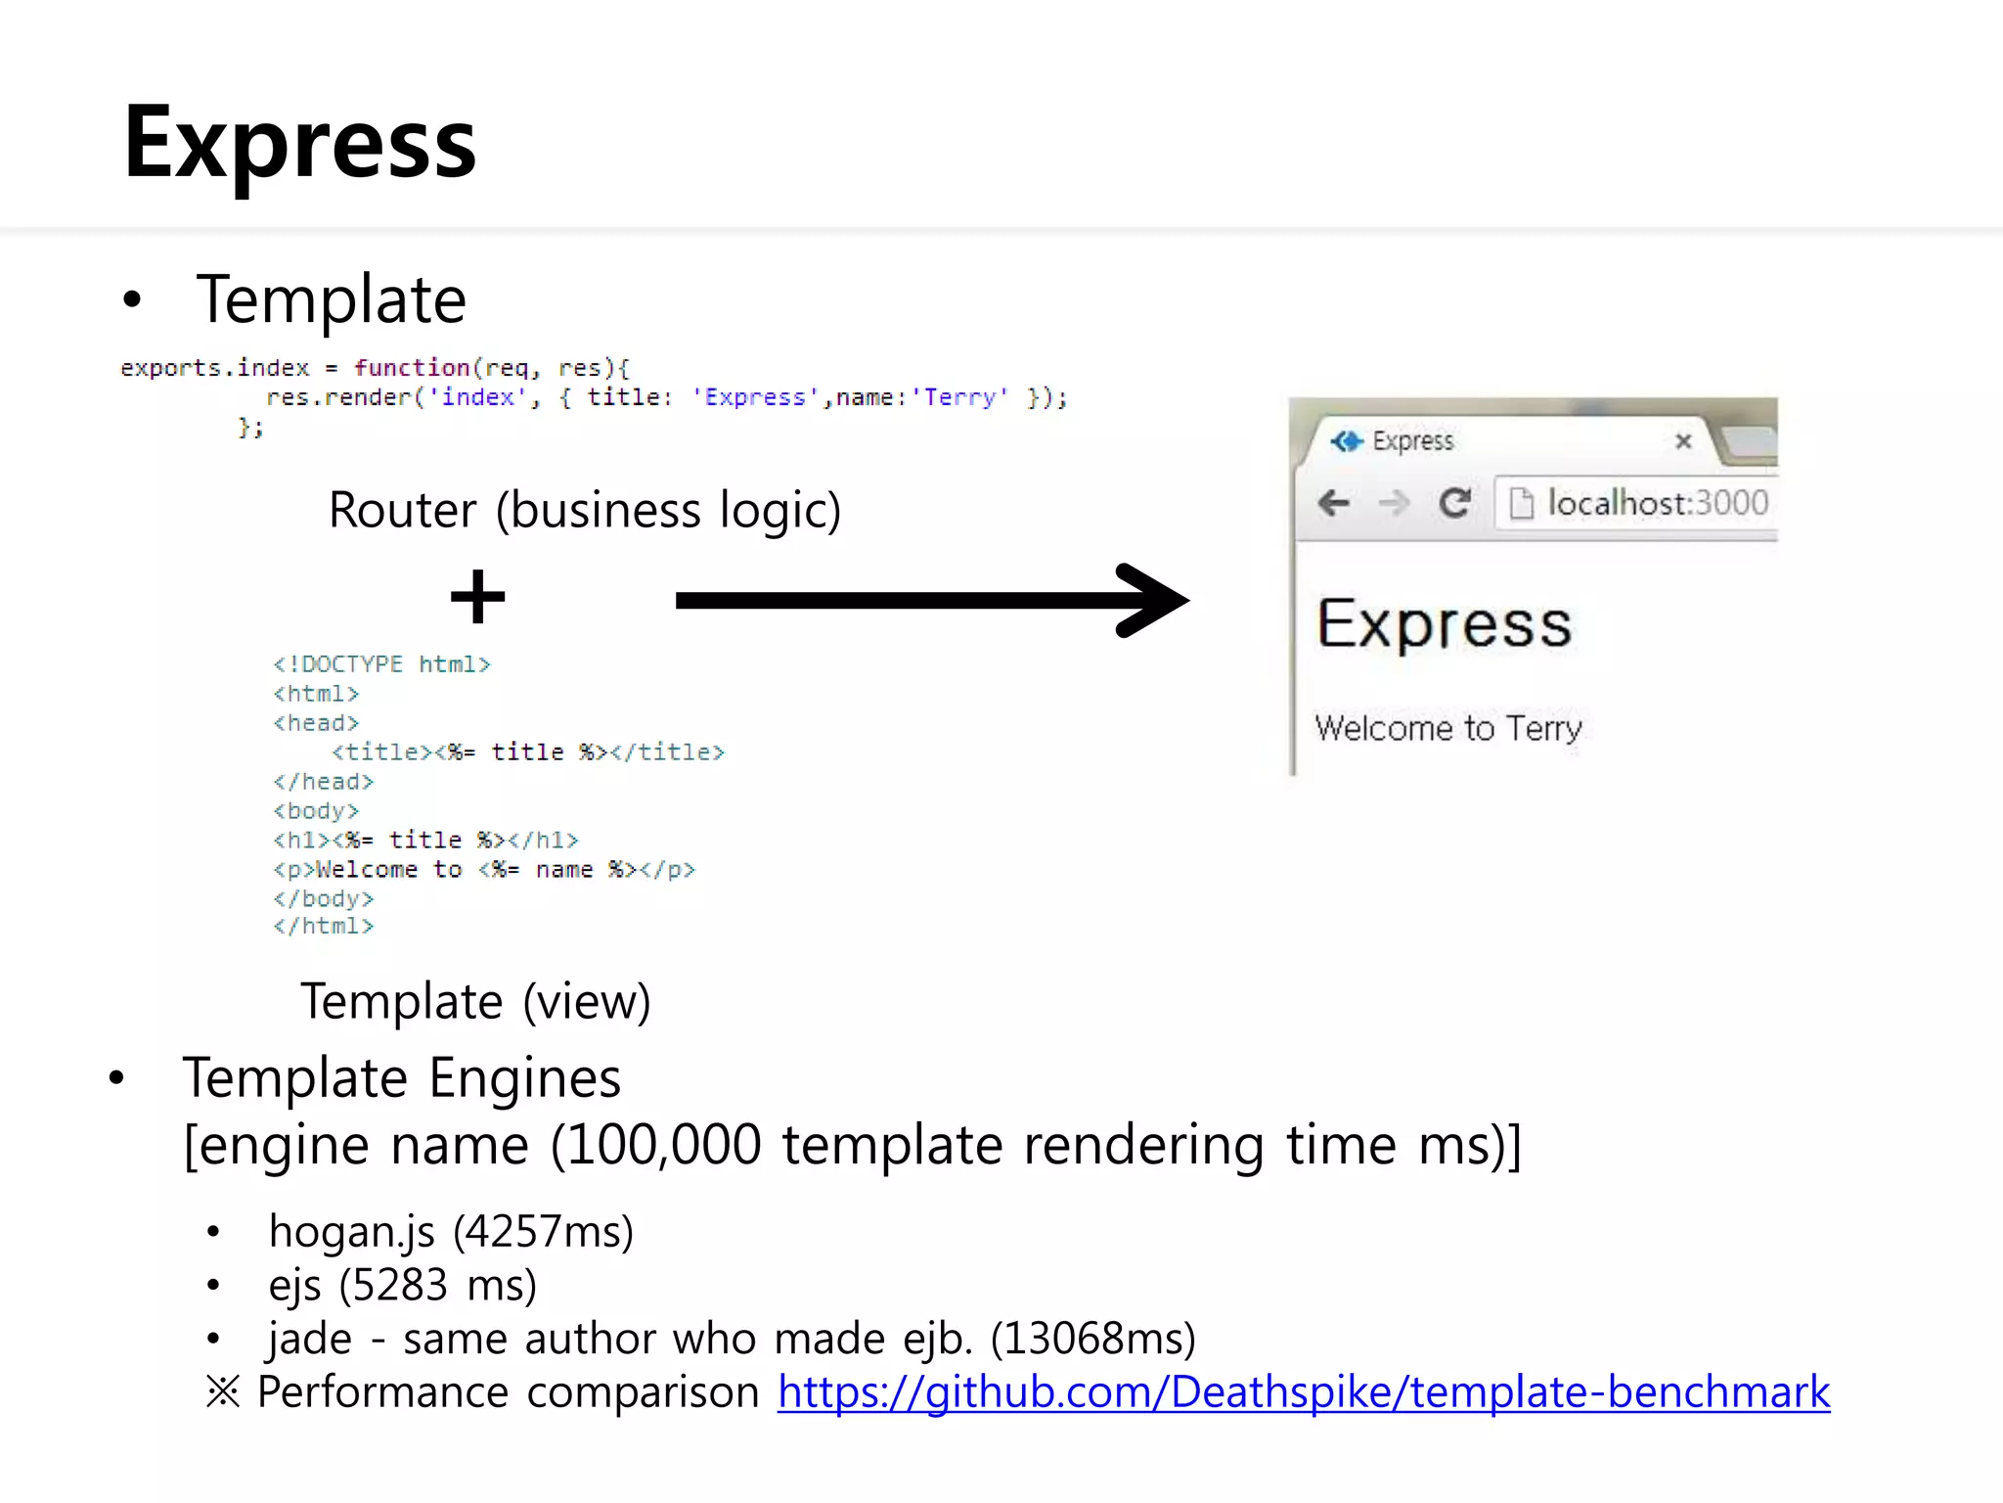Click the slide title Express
coord(299,144)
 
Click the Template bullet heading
coord(331,299)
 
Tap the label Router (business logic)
coord(584,510)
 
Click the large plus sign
coord(477,597)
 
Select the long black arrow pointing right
coord(929,600)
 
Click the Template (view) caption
coord(475,1001)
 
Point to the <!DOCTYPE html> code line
coord(381,664)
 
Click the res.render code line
coord(665,397)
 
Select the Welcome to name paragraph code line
coord(484,869)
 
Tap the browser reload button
coord(1454,503)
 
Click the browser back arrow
coord(1334,503)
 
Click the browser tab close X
coord(1683,441)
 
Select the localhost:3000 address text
coord(1658,503)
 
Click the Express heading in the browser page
coord(1445,624)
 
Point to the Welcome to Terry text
coord(1447,728)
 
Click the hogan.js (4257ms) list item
coord(451,1231)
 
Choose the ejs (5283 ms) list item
coord(402,1285)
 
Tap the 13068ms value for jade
coord(1092,1339)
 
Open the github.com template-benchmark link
coord(1304,1392)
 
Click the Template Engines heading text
coord(402,1078)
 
